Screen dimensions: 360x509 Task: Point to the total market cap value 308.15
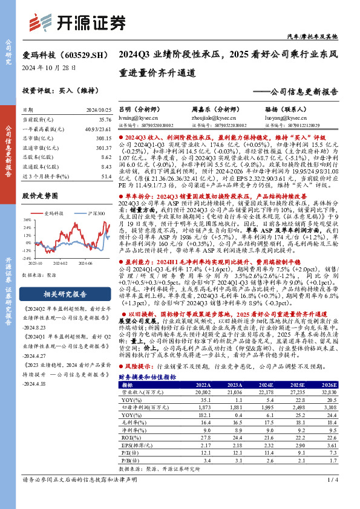point(105,138)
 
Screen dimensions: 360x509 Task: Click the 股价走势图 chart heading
point(40,196)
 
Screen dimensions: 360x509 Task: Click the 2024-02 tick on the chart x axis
point(59,263)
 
